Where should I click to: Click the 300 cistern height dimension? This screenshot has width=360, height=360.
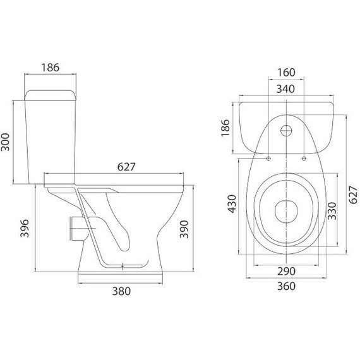(5, 142)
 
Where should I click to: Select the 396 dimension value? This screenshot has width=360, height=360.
(25, 228)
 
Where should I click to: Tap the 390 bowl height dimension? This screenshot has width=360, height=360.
(184, 229)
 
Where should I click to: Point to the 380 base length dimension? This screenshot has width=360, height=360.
(121, 291)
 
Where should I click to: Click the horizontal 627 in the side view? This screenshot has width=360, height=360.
(126, 167)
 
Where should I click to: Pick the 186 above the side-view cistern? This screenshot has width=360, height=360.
(51, 68)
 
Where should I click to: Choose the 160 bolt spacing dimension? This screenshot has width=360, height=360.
(286, 73)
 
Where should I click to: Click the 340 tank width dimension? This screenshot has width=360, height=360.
(285, 89)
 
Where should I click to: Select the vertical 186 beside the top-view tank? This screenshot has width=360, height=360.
(225, 128)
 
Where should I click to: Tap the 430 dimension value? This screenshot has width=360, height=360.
(232, 204)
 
